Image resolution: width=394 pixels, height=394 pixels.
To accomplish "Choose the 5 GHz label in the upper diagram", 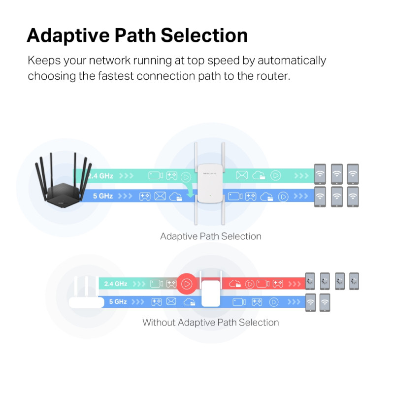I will [x=103, y=196].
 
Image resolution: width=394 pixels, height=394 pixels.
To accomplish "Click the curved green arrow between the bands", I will [x=188, y=191].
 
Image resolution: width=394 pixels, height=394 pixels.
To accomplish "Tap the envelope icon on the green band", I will [x=241, y=175].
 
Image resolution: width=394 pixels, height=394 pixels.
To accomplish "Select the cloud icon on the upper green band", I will [x=259, y=175].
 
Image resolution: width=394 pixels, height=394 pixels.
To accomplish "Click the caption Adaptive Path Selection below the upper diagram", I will [x=211, y=236].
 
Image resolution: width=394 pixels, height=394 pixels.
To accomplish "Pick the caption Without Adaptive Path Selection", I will [x=211, y=323].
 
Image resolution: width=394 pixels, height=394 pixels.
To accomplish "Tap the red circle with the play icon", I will [x=187, y=284].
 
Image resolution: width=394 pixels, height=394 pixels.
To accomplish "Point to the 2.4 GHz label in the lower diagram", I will [x=116, y=284].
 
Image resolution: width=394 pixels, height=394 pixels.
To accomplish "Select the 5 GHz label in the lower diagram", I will [x=118, y=301].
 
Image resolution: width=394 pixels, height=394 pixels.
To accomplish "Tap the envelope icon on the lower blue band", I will [x=171, y=301].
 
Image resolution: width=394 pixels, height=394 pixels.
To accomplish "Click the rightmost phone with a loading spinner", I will [x=354, y=281].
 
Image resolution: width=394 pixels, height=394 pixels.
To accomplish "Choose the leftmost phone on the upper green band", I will [x=321, y=173].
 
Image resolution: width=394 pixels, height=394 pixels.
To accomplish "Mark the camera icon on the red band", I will [x=263, y=284].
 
